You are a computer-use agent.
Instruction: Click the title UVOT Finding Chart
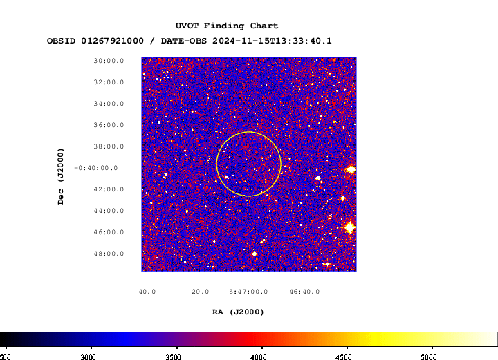pyautogui.click(x=227, y=26)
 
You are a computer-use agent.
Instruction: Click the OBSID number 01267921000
pyautogui.click(x=113, y=41)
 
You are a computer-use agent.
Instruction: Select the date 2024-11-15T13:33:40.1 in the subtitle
pyautogui.click(x=272, y=41)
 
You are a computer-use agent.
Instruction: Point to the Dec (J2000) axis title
pyautogui.click(x=61, y=176)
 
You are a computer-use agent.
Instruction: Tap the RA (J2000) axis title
pyautogui.click(x=238, y=312)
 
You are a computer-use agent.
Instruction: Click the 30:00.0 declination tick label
pyautogui.click(x=109, y=61)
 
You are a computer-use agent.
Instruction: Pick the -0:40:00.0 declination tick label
pyautogui.click(x=96, y=168)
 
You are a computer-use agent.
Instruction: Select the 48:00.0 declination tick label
pyautogui.click(x=109, y=254)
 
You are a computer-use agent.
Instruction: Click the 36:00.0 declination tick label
pyautogui.click(x=109, y=125)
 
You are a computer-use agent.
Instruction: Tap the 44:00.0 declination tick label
pyautogui.click(x=109, y=211)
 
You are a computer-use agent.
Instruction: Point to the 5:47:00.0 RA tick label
pyautogui.click(x=248, y=292)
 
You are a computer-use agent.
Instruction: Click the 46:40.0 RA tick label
pyautogui.click(x=304, y=292)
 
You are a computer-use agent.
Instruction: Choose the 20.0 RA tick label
pyautogui.click(x=200, y=292)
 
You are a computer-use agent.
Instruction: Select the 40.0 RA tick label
pyautogui.click(x=147, y=292)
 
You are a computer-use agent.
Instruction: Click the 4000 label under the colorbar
pyautogui.click(x=259, y=357)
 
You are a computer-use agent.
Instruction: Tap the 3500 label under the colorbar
pyautogui.click(x=173, y=357)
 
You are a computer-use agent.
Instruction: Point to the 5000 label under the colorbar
pyautogui.click(x=429, y=357)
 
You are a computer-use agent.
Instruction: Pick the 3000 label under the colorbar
pyautogui.click(x=88, y=357)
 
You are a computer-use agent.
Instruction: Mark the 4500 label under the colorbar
pyautogui.click(x=344, y=357)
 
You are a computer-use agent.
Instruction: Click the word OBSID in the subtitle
pyautogui.click(x=62, y=41)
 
